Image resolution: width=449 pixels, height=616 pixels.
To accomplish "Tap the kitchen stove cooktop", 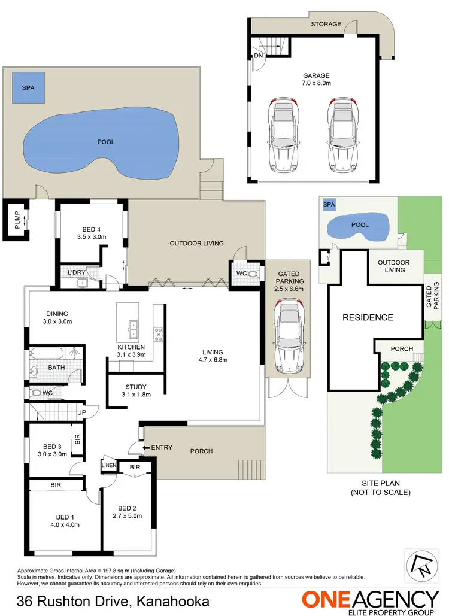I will click(x=159, y=333).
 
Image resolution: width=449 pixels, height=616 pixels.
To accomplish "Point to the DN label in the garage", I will click(x=258, y=56).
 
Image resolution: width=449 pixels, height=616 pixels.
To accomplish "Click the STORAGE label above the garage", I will click(x=326, y=24).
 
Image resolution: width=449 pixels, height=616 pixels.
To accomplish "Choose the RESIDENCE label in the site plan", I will click(x=368, y=317).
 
